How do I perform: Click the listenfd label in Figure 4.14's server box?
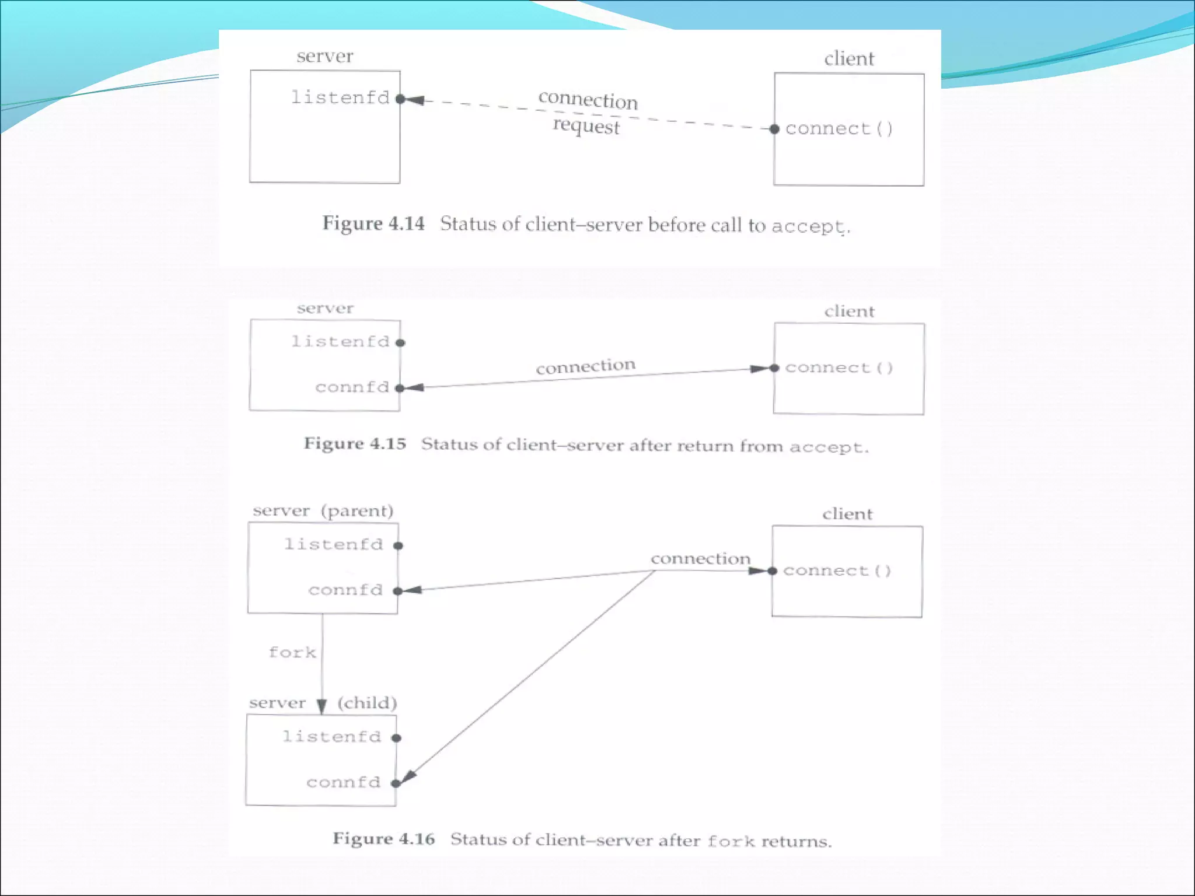340,97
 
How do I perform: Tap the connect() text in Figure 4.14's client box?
839,129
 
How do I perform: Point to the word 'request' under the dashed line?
586,125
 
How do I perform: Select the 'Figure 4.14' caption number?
373,223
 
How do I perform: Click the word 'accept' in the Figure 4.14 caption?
808,226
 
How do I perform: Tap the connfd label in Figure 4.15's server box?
352,387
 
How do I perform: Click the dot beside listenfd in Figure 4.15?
400,343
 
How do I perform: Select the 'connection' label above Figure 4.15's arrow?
585,366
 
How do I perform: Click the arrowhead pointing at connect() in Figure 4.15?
760,369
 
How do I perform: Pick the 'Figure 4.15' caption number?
355,444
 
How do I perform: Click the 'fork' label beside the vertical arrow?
292,652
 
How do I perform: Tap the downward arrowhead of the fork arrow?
322,706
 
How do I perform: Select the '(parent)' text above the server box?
357,511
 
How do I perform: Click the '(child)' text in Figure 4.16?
367,703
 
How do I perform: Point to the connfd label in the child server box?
344,782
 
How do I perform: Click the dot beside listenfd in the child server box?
396,738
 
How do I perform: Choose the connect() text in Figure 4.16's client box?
837,570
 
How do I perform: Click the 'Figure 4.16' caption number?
384,839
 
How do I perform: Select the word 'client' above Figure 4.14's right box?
849,59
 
